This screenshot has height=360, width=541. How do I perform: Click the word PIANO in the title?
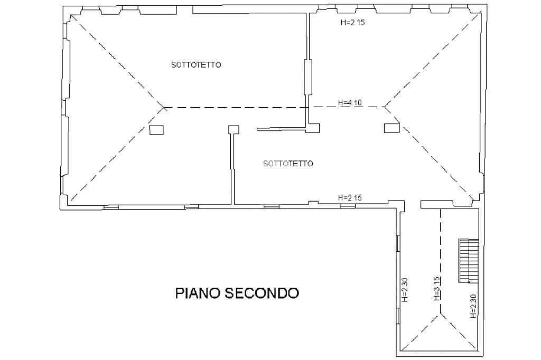coord(198,293)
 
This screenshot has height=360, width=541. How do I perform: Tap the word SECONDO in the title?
coord(262,293)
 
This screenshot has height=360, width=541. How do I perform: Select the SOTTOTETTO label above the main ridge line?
coord(196,65)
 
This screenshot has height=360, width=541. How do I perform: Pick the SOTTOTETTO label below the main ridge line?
coord(288,164)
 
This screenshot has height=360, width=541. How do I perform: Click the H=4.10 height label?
coord(350,102)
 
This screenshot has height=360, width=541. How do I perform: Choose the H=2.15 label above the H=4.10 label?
coord(352,23)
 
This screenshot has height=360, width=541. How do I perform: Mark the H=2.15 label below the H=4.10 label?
coord(350,198)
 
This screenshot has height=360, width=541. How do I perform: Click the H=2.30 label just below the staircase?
coord(473,306)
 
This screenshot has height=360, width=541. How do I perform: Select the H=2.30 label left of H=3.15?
coord(405,290)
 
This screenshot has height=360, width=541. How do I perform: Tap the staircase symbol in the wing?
coord(469,261)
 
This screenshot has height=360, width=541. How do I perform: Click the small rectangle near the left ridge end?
coord(156,130)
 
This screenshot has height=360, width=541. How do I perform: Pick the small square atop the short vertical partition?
coord(234,129)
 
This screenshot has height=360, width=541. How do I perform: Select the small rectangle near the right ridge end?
coord(391,128)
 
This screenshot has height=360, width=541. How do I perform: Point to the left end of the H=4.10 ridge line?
coord(164,107)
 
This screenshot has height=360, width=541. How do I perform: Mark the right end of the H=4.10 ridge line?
coord(384,107)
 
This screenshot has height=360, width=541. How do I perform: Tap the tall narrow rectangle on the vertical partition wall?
coord(308,77)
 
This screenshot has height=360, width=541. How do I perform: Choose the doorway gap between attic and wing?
coord(413,205)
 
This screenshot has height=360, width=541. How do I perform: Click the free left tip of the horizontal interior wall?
coord(257,130)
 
